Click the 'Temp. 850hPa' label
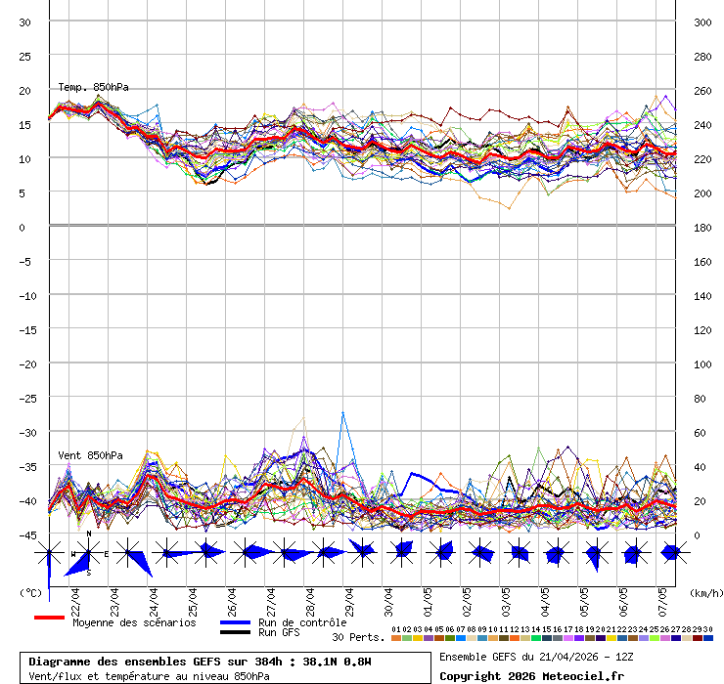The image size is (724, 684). pos(93,87)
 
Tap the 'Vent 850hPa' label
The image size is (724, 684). pos(90,455)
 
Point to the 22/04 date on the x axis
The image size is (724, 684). pos(75,597)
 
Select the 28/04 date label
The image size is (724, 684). pos(310,597)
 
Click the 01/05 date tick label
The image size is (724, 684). pos(428,597)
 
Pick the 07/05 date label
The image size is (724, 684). pos(662,597)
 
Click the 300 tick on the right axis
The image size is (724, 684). pos(701,21)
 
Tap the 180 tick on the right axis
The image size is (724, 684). pos(701,227)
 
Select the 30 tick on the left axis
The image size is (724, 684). pos(25,21)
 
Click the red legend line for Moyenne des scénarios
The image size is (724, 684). pos(49,618)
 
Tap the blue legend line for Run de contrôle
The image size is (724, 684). pos(235,622)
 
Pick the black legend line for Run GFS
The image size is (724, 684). pos(235,632)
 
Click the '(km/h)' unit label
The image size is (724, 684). pos(704,592)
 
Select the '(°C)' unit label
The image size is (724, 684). pos(30,592)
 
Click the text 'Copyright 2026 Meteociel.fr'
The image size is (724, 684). pos(532,675)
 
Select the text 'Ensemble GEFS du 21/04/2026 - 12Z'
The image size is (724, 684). pos(534,656)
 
